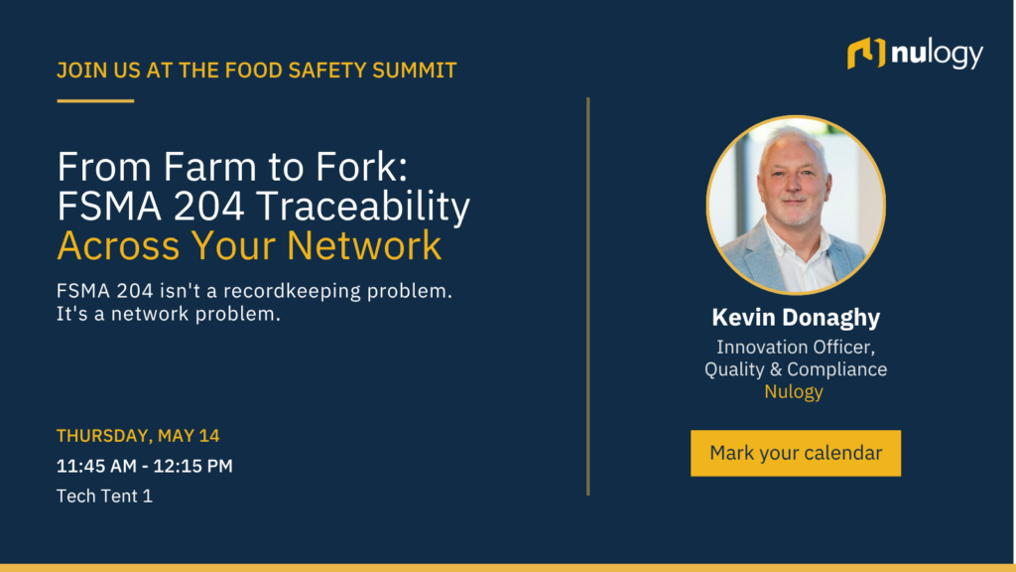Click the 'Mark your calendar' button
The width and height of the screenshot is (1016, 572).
[795, 453]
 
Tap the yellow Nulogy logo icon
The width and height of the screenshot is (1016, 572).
[865, 54]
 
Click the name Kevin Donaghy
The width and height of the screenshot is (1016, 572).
[796, 317]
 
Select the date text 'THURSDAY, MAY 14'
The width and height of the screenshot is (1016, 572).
[138, 436]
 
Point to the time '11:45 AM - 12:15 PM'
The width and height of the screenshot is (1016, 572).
[145, 466]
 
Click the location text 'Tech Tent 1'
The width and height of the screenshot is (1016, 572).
[104, 496]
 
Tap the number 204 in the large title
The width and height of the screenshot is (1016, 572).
[209, 207]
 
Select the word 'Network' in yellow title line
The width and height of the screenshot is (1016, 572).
[364, 246]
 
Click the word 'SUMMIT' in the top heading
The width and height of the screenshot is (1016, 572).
[415, 71]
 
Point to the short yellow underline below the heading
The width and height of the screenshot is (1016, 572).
[95, 100]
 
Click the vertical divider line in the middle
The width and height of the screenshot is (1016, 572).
[588, 296]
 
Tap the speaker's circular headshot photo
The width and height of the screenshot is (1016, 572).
[796, 205]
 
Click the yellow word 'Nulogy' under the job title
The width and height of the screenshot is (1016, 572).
[794, 391]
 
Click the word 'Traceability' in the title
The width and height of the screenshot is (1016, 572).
[363, 207]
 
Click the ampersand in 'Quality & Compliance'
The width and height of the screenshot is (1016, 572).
[776, 369]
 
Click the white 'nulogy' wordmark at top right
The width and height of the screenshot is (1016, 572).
[937, 55]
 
